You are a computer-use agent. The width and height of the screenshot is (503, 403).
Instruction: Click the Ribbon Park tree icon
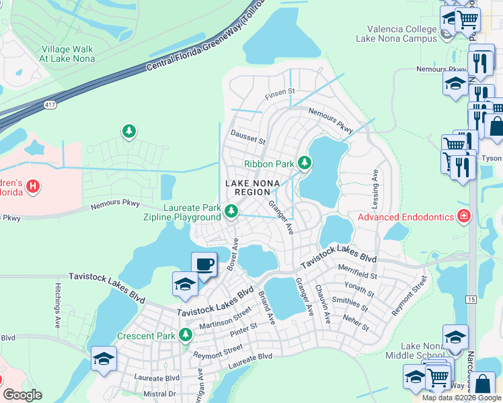305,163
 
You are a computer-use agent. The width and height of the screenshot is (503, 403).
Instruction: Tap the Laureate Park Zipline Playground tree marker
231,211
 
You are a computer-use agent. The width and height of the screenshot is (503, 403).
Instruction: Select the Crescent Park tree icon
186,334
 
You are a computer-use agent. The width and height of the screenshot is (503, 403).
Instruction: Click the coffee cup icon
204,264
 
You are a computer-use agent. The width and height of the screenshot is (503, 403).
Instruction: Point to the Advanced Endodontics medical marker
463,216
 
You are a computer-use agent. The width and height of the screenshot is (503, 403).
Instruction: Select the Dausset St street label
248,138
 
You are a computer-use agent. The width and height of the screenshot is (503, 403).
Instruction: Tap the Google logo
22,395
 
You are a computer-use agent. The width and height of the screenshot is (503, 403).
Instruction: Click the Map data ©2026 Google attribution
461,398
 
